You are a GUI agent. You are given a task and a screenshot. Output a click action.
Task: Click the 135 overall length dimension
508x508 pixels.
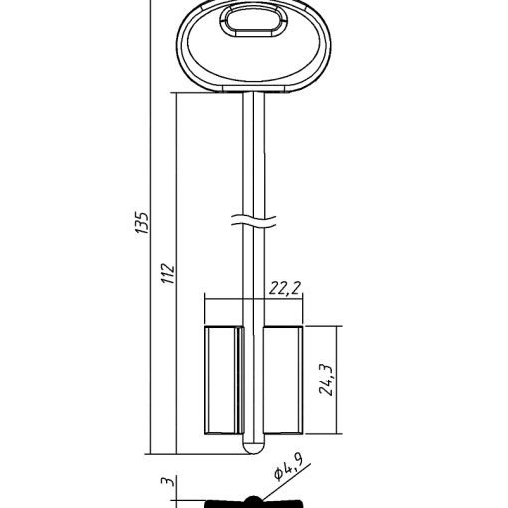(143, 222)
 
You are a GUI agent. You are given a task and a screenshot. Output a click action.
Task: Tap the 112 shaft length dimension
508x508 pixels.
(168, 273)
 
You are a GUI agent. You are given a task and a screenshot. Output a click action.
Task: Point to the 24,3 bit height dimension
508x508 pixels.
(326, 380)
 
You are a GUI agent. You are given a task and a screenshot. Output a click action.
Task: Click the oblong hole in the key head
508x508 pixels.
(253, 21)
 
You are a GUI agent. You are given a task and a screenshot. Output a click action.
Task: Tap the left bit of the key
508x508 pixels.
(223, 381)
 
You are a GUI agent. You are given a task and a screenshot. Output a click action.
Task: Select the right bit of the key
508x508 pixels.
(283, 381)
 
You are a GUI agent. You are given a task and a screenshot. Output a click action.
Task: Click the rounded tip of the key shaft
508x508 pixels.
(254, 448)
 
